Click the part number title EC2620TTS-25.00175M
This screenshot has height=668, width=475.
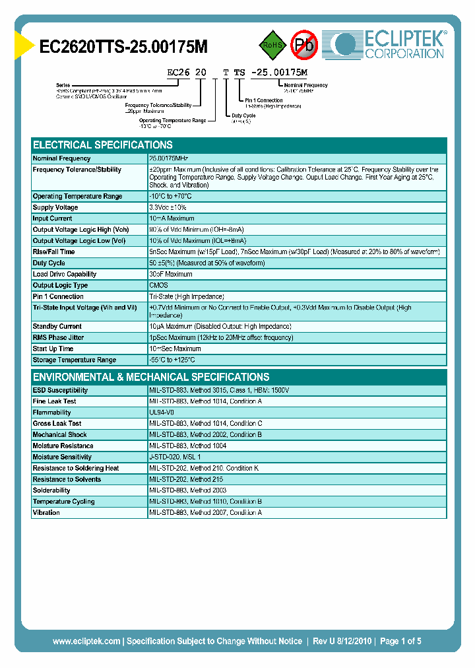tap(124, 46)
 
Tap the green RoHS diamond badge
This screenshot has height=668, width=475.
tap(271, 45)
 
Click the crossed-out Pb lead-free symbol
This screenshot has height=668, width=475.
tap(304, 45)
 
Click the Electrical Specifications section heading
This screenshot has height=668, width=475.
tap(103, 145)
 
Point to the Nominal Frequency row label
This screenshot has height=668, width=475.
tap(62, 158)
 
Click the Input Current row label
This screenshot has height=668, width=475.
tap(53, 218)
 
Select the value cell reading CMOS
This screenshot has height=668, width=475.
tap(159, 285)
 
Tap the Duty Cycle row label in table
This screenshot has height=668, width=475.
tap(49, 263)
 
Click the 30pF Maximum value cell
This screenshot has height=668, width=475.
tap(171, 274)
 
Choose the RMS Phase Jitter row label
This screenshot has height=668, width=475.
tap(59, 337)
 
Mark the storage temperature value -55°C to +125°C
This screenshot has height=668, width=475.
tap(173, 360)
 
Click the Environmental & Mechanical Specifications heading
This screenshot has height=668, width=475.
tap(151, 377)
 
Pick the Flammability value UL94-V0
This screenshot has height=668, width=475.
tap(162, 413)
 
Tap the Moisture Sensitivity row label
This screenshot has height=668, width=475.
tap(62, 457)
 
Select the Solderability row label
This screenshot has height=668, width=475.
tap(51, 490)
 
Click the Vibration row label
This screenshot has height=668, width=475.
tap(46, 513)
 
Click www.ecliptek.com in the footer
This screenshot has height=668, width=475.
tap(86, 641)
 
